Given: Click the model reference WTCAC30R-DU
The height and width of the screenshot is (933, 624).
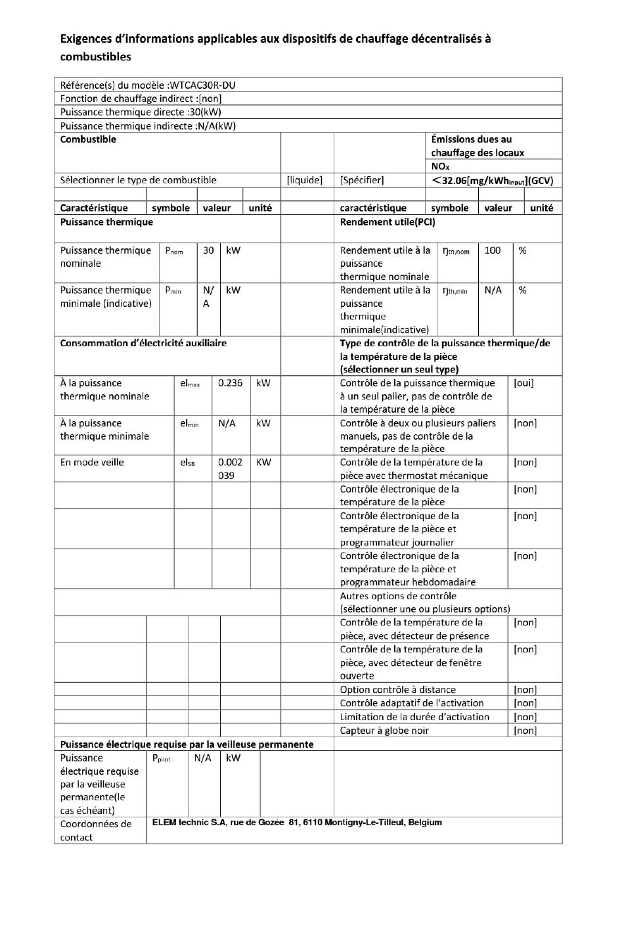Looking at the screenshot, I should point(203,85).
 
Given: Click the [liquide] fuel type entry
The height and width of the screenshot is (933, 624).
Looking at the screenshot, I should point(305,180).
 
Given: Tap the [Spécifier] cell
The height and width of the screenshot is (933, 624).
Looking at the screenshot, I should point(362,180).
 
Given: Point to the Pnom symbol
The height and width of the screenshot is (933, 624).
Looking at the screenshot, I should point(174,251).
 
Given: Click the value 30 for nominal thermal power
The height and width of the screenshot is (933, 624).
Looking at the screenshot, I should point(208,250).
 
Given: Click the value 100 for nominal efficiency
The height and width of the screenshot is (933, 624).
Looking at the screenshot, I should point(493,250).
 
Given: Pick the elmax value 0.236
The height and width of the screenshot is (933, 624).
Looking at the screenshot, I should point(230,383).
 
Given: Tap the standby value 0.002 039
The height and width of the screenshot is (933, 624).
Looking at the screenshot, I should point(230,468).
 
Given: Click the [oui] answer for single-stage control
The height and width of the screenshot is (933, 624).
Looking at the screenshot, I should point(524,383).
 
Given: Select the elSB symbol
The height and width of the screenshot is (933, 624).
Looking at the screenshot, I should point(187,463).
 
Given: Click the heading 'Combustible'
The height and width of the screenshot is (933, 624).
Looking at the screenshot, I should point(88,139).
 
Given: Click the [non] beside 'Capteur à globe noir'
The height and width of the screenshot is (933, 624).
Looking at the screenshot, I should point(525,731).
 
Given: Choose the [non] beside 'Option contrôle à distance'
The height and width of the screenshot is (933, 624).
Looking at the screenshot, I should point(525,690).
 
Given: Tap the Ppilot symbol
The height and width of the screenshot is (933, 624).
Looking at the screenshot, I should point(161,758).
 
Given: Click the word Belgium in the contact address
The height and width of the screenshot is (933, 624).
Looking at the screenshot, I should point(425,823).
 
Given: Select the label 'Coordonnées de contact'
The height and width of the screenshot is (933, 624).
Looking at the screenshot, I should point(96,831).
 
